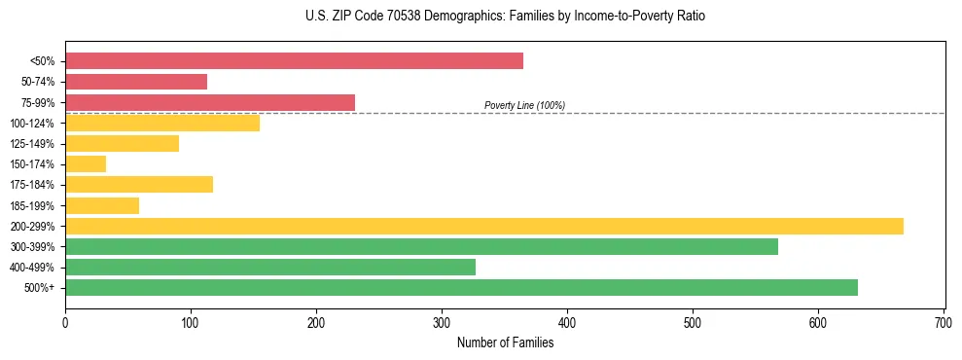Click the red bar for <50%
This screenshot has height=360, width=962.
(x=294, y=61)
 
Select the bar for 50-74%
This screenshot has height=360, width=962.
(x=136, y=82)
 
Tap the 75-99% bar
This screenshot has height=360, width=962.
(x=210, y=102)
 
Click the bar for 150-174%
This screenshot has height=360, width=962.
(x=86, y=164)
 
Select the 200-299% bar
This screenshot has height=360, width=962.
(x=484, y=226)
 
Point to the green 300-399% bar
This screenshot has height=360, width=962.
(x=421, y=247)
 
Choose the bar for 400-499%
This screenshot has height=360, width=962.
(x=270, y=268)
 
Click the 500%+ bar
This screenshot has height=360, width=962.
(x=461, y=288)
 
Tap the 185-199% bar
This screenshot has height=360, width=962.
(x=102, y=205)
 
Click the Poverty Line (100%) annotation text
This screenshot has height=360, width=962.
(x=524, y=105)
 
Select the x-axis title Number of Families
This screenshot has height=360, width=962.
(x=505, y=342)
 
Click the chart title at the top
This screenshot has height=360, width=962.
(x=505, y=17)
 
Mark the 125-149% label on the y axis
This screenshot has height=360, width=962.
(x=32, y=144)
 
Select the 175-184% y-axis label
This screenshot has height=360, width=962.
(x=32, y=185)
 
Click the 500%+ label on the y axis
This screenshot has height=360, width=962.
(x=39, y=288)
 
